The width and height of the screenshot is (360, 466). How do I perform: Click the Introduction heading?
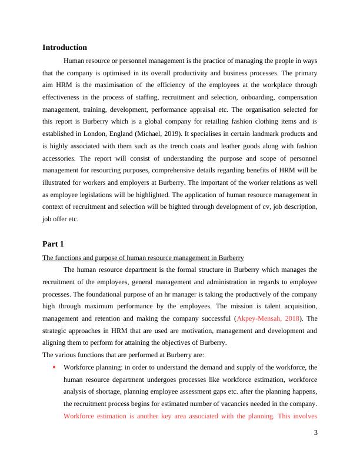pyautogui.click(x=65, y=47)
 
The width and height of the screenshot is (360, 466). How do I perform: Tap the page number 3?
pyautogui.click(x=315, y=433)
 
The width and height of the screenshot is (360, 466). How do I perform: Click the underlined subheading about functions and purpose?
pyautogui.click(x=143, y=258)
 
